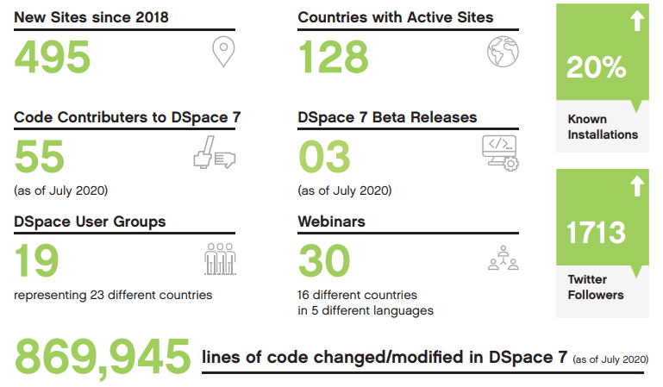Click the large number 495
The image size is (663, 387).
(53, 57)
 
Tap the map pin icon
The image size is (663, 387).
(223, 53)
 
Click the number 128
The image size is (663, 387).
(334, 57)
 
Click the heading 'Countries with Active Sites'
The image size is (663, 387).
(395, 17)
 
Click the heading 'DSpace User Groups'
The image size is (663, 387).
(90, 222)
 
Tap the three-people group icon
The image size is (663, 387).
(220, 259)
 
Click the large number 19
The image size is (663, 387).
(37, 261)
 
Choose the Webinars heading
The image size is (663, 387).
(331, 222)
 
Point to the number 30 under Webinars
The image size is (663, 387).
(324, 261)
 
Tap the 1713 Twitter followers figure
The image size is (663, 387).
(597, 233)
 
